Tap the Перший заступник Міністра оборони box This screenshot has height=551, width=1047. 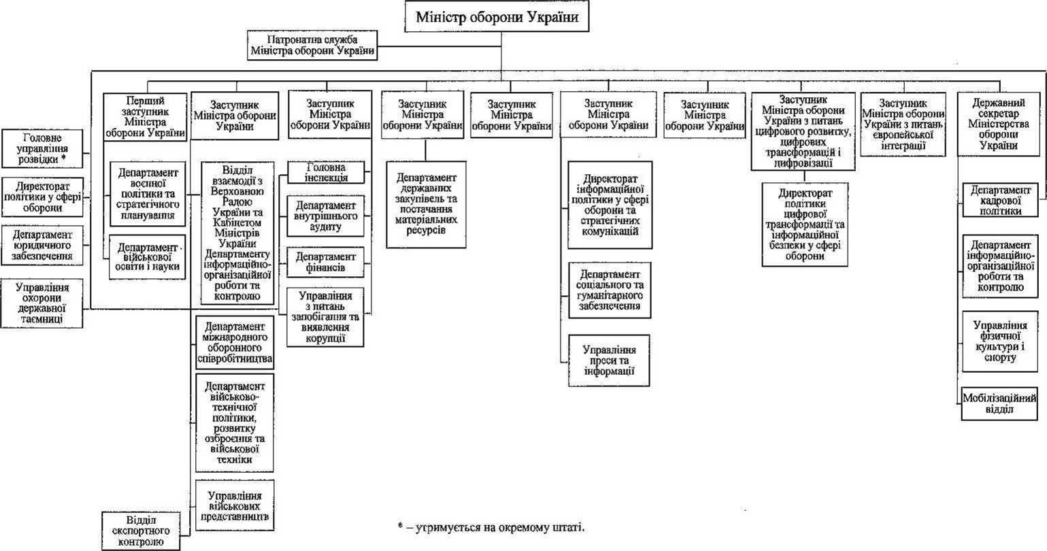point(146,116)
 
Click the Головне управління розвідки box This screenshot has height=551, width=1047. point(43,148)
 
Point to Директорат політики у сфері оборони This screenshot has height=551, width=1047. point(43,196)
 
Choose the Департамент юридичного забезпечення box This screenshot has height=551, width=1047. point(43,246)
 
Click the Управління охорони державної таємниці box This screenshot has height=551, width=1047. point(43,302)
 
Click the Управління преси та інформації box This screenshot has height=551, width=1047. point(609,361)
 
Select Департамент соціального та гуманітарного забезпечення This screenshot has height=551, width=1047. point(610,290)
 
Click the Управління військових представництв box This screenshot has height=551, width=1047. point(234,505)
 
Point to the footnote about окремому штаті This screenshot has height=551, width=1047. point(491,527)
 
